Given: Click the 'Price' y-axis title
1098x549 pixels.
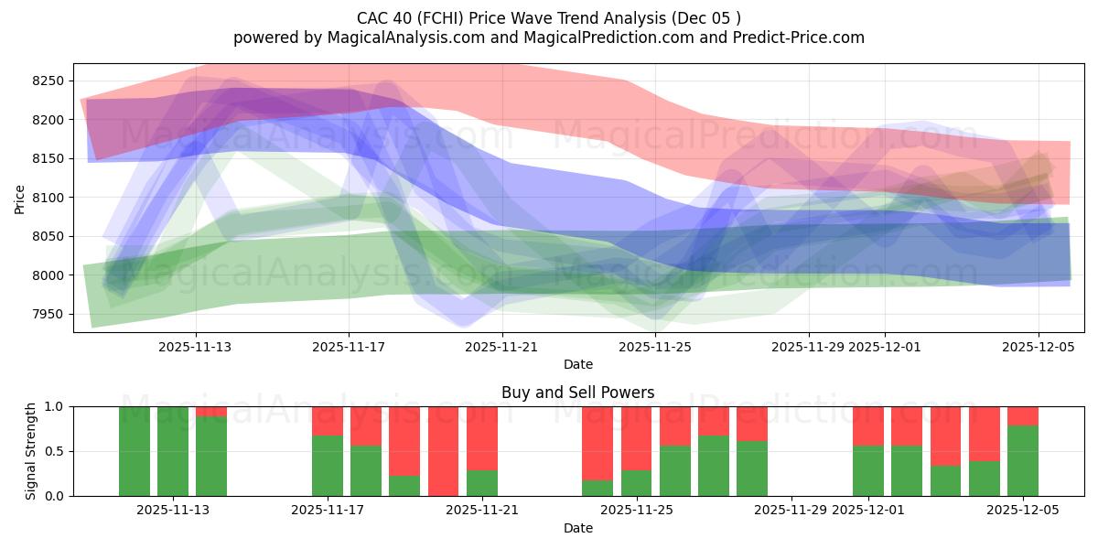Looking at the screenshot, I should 20,198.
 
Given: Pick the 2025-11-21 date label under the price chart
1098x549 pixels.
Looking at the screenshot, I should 502,347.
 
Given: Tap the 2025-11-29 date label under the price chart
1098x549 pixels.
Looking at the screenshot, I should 808,347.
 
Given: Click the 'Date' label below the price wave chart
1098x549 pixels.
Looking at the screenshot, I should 578,364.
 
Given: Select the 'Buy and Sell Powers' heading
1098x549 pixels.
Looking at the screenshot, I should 578,393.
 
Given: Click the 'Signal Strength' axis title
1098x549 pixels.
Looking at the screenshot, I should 31,450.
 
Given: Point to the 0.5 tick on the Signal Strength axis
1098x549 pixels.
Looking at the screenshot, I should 56,451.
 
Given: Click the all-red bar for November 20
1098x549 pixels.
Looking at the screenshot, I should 443,451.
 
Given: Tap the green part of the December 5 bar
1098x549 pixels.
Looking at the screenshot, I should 1023,461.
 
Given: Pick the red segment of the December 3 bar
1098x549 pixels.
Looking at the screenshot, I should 946,436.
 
